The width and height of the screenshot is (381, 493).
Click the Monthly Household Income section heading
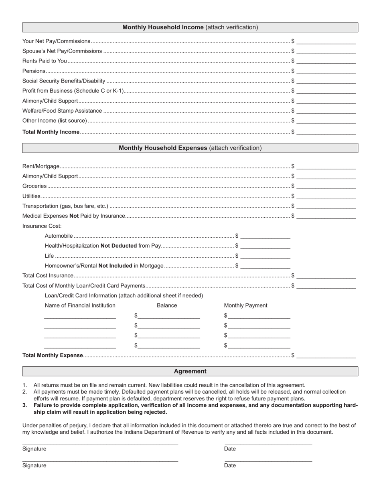[190, 27]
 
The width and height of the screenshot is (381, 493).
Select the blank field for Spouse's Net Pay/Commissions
[326, 51]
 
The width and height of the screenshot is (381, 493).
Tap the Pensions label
[34, 71]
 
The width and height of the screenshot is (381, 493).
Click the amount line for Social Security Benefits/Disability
[326, 81]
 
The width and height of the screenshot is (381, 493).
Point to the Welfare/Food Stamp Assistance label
[62, 111]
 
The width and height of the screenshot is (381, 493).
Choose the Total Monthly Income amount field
[326, 132]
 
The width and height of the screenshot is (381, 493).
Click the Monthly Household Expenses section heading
[190, 148]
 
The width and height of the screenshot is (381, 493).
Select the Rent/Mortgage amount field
[326, 166]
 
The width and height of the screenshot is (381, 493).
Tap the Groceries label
[34, 186]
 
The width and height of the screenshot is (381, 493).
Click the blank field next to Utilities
[326, 196]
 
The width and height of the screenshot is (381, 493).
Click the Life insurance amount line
[265, 256]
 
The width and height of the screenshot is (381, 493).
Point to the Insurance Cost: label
[42, 226]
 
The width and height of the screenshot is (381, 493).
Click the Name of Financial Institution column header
[80, 305]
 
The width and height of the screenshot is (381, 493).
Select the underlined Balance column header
[167, 305]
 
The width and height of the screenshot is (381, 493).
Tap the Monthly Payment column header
[245, 305]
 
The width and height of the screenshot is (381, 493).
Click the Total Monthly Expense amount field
[326, 355]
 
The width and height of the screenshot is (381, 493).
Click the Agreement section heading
[190, 371]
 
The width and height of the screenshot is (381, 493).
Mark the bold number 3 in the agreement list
[24, 405]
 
